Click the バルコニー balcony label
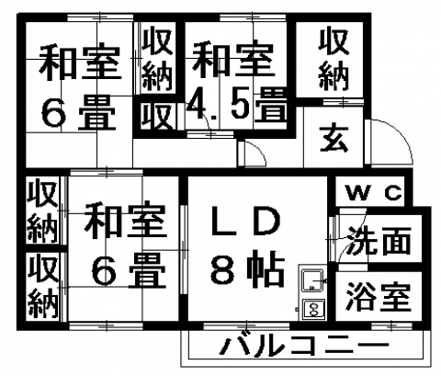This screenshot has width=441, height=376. (305, 346)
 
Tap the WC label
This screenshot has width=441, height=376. (374, 193)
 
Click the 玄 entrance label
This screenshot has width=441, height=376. (334, 139)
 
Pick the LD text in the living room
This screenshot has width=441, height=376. (246, 220)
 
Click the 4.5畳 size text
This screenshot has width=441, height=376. (237, 105)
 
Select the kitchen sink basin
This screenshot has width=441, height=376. (311, 280)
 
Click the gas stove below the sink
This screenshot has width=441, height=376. (313, 309)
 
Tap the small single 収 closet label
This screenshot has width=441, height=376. (158, 117)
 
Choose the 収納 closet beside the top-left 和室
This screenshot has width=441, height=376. (158, 58)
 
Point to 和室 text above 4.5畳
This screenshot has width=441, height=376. (233, 60)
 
